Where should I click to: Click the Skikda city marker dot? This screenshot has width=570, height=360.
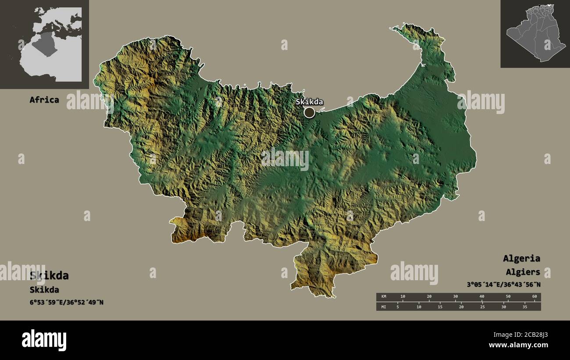coord(309,112)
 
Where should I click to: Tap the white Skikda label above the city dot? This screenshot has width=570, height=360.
coord(309,102)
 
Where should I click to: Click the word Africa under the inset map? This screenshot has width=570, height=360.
coord(44,100)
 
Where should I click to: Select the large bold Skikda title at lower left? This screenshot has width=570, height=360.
coord(49,275)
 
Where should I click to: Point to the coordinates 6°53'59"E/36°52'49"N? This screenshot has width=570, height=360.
coord(67,302)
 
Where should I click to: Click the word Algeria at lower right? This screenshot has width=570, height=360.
coord(521,258)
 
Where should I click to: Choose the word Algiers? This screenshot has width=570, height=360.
coord(523,272)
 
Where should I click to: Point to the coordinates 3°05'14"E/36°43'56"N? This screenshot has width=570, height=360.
coord(503,285)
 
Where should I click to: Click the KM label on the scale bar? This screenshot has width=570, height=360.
coord(384,297)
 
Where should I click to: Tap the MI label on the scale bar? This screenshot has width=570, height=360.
coord(384,307)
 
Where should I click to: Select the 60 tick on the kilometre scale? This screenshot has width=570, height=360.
coord(534,297)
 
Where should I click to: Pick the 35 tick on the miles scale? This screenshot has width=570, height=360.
coord(525,307)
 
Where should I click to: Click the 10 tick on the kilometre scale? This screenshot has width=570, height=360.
coord(403,297)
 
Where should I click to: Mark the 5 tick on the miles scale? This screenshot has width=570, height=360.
coord(398,307)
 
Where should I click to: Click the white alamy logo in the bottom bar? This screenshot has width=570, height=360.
coord(44,340)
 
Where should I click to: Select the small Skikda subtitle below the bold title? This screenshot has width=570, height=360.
coord(44,290)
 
